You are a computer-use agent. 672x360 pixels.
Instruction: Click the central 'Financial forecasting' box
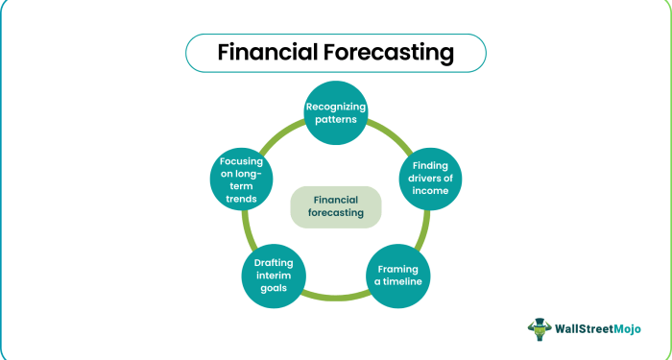tap(336, 206)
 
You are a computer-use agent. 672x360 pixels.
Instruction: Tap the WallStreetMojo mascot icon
tap(540, 328)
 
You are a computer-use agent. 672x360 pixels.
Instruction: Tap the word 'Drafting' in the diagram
tap(274, 262)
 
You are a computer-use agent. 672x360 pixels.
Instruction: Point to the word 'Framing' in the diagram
tap(398, 269)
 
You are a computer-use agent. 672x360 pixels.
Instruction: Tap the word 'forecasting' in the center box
tap(336, 214)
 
